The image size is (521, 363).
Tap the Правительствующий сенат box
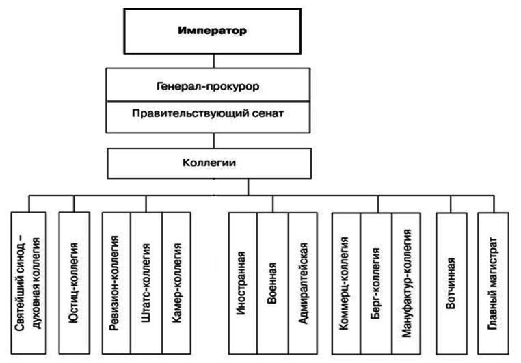pyautogui.click(x=215, y=114)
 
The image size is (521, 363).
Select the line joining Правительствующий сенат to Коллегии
pyautogui.click(x=215, y=140)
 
